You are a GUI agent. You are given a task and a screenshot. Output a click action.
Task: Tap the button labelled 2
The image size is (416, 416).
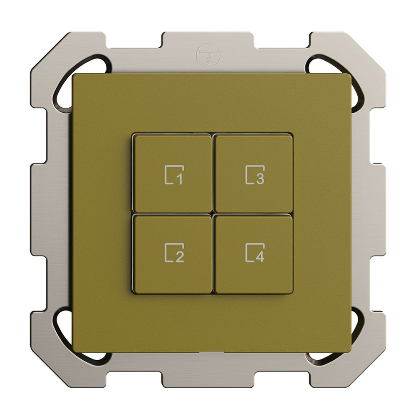pos(172,254)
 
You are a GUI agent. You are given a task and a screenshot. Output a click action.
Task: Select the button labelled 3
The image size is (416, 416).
pos(253,173)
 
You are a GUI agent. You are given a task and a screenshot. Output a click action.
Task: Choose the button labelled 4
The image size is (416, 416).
pos(253,254)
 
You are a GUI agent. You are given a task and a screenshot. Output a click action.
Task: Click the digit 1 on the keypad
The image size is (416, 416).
pos(179,179)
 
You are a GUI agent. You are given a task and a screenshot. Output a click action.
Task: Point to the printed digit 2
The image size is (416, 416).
pos(179,258)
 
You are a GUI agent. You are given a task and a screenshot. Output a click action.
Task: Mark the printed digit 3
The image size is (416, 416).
pos(260,179)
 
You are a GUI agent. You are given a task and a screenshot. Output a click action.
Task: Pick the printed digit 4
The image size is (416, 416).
pos(260,258)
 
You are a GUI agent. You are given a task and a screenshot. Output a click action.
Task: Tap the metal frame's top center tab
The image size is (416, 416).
pos(208,42)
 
